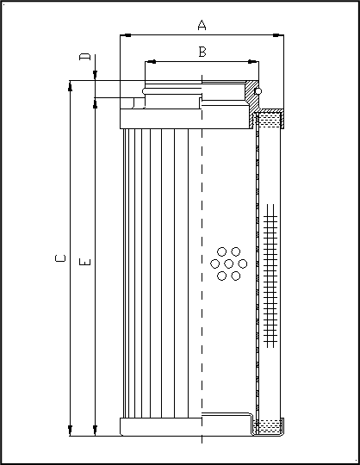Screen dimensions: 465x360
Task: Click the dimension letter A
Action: tap(202, 26)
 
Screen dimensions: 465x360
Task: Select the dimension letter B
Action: tap(202, 53)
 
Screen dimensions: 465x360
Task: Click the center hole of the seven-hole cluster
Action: tap(229, 263)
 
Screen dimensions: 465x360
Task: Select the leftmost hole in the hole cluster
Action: tap(215, 263)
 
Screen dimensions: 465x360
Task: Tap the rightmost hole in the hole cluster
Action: tap(243, 263)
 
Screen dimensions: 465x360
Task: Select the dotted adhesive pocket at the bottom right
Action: tap(270, 425)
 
